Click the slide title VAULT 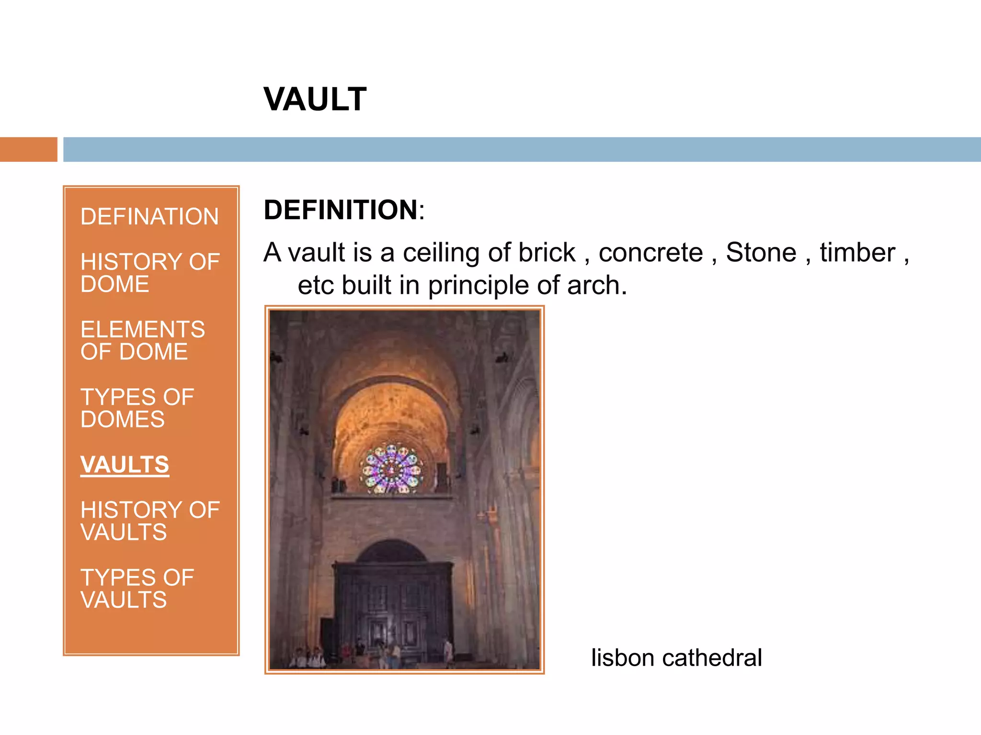(x=315, y=100)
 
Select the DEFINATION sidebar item (x=149, y=216)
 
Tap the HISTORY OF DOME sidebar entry (x=149, y=273)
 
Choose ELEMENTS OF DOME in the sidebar (x=142, y=340)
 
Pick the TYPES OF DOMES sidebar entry (x=137, y=408)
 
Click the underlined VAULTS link (x=125, y=465)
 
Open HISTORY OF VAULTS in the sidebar (x=149, y=521)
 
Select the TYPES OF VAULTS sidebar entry (x=137, y=589)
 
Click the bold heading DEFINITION (x=341, y=210)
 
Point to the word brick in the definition (x=547, y=252)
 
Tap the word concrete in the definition (x=650, y=252)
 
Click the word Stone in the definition (x=761, y=252)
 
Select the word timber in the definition (x=857, y=252)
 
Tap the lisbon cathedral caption (x=676, y=657)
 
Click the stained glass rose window (x=392, y=468)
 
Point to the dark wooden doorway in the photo (x=393, y=603)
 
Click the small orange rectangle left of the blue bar (x=28, y=149)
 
